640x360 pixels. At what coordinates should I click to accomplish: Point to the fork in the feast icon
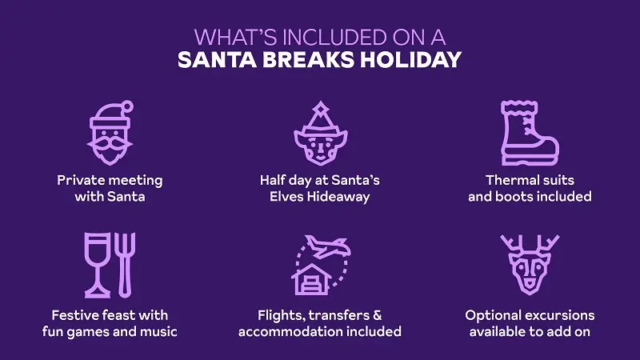(x=126, y=263)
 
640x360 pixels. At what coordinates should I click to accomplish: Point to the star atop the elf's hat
(x=319, y=106)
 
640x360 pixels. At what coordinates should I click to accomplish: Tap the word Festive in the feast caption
(x=77, y=314)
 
